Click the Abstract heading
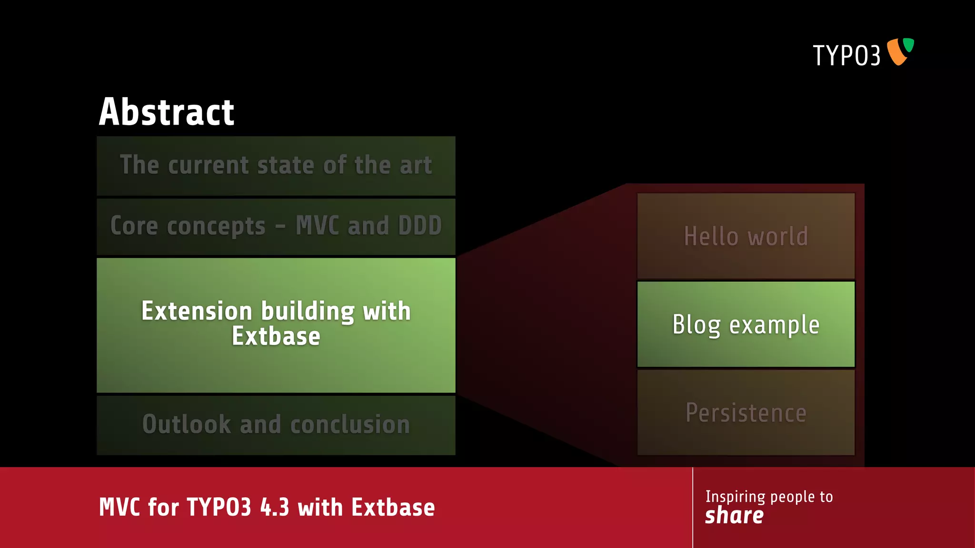tap(166, 112)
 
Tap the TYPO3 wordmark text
tap(846, 56)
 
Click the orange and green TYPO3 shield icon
tap(900, 51)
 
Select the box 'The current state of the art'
tap(276, 166)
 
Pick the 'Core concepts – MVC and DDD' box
tap(276, 226)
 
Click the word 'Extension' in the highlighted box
tap(197, 312)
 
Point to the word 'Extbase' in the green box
tap(276, 336)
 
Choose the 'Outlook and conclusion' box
tap(276, 424)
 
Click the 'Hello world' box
tap(746, 236)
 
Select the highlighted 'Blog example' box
tap(746, 324)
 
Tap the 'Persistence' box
tap(746, 412)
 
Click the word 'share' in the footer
tap(734, 516)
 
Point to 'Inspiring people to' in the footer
tap(769, 497)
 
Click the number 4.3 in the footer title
tap(275, 507)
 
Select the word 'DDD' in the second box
tap(420, 225)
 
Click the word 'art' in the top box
tap(416, 166)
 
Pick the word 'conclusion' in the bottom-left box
tap(350, 424)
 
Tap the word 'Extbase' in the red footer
tap(393, 507)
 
